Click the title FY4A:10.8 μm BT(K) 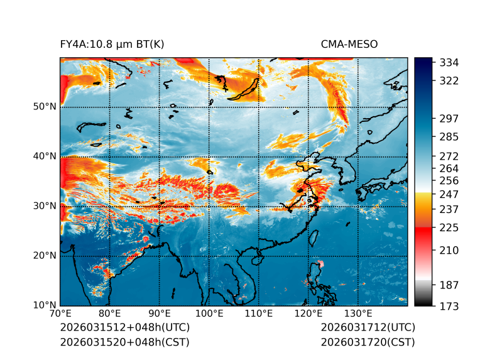[x=112, y=44]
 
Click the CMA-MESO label [x=349, y=44]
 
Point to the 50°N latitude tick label [x=45, y=107]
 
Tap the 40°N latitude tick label [x=45, y=156]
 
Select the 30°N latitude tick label [x=45, y=206]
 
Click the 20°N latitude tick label [x=45, y=256]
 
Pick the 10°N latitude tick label [x=45, y=305]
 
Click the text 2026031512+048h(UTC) [x=124, y=328]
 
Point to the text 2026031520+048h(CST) [x=124, y=342]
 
